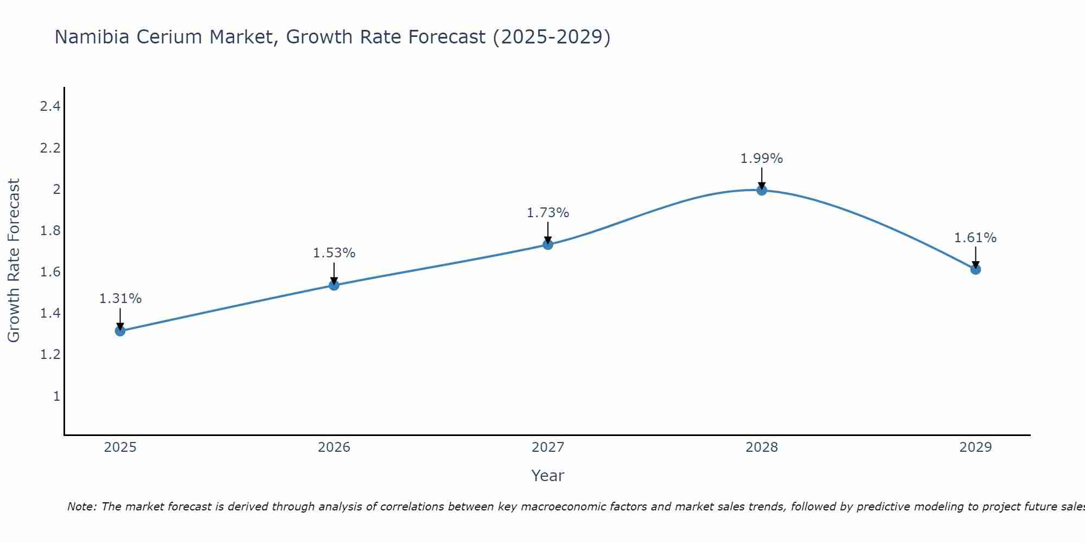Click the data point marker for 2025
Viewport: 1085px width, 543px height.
(x=120, y=331)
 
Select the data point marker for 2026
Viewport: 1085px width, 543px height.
(x=334, y=285)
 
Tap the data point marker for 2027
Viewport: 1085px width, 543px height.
(x=548, y=244)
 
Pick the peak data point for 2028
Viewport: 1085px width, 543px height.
(x=762, y=190)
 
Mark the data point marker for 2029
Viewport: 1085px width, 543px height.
(x=975, y=269)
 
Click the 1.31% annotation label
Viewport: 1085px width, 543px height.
(x=120, y=299)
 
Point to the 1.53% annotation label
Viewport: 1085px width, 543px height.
(x=334, y=253)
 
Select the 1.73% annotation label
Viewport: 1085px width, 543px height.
(x=548, y=213)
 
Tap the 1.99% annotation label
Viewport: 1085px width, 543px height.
(x=762, y=159)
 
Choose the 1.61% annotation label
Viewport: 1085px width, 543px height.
(x=975, y=238)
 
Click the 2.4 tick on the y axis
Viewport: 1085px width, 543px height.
(x=50, y=106)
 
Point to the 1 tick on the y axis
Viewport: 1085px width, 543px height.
(x=56, y=396)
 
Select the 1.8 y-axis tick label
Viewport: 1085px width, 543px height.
(x=50, y=231)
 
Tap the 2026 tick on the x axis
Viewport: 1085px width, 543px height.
(x=334, y=447)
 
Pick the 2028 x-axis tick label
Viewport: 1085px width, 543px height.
(x=762, y=447)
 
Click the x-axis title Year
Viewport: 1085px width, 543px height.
(x=548, y=476)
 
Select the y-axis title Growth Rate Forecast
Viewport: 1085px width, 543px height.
(x=14, y=261)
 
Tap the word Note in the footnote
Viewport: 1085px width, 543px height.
(x=81, y=507)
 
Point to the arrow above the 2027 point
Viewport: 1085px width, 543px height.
(x=548, y=232)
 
